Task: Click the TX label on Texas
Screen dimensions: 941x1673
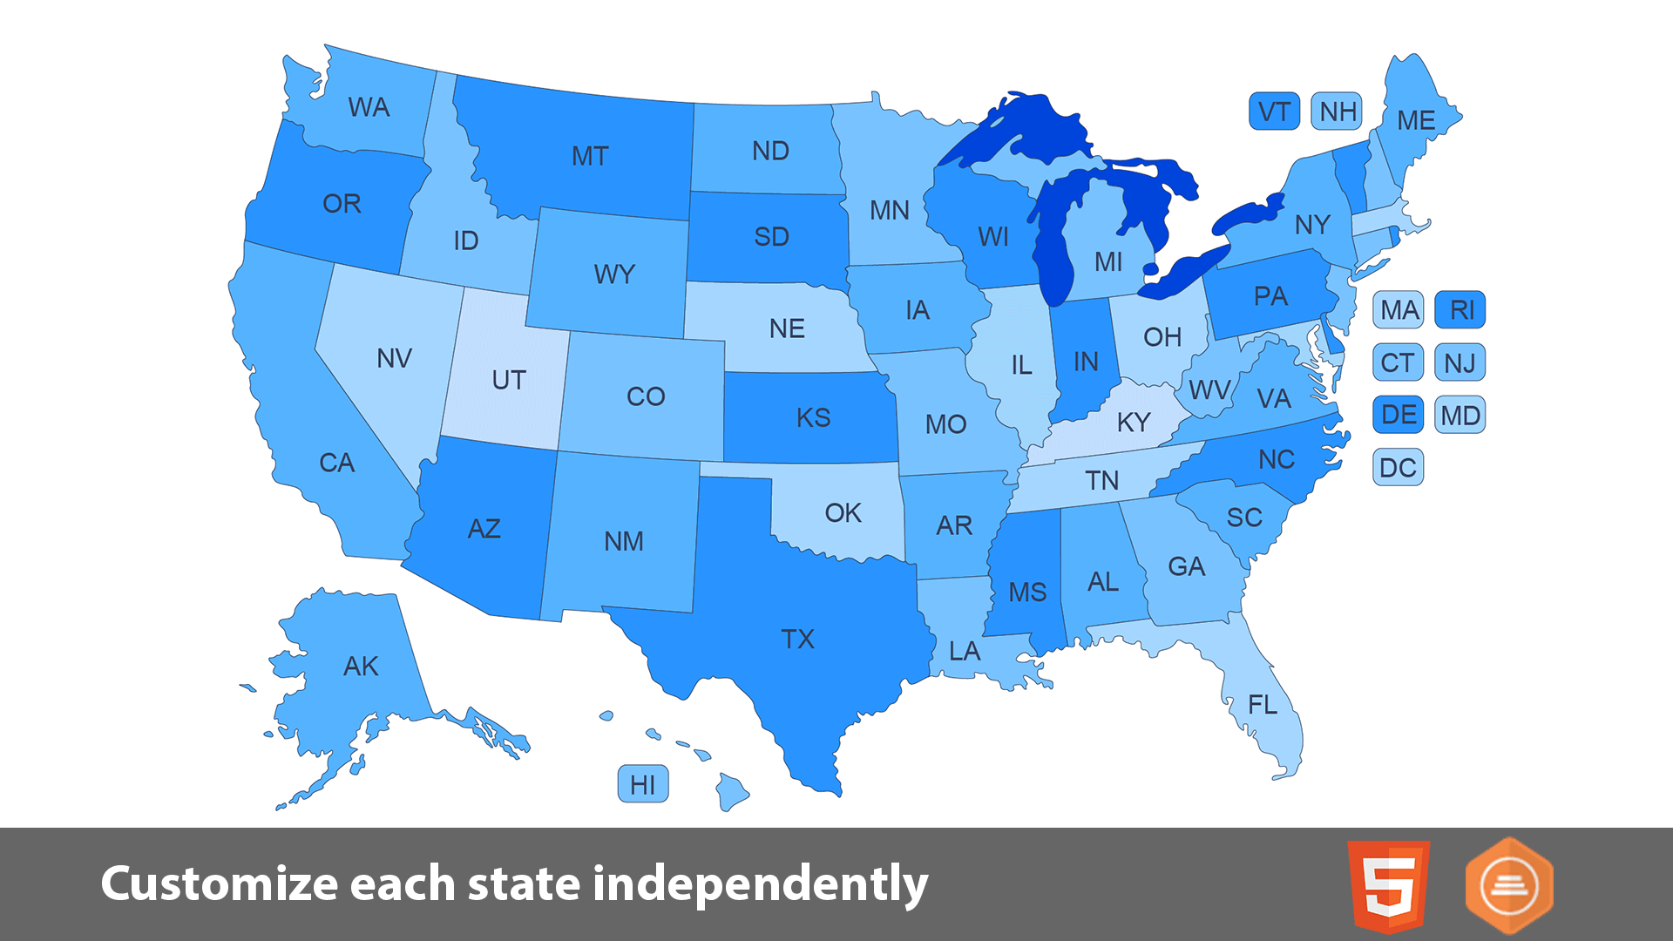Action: pos(797,639)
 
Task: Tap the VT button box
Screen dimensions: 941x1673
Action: pos(1274,112)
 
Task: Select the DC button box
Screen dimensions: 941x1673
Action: pos(1398,468)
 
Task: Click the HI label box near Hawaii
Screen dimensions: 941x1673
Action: pos(643,784)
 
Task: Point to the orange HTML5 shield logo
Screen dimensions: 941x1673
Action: pos(1388,886)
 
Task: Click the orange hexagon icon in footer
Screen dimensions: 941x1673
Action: pos(1509,886)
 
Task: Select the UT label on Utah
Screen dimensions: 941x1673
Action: pos(509,380)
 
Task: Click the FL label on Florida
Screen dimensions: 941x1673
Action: pos(1263,704)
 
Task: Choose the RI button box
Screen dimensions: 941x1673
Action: pos(1460,309)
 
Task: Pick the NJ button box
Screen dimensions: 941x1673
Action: pos(1460,362)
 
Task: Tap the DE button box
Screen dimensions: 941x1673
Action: pos(1398,415)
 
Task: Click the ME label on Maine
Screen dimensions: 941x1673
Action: pos(1416,120)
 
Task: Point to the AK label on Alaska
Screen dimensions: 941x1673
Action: pos(361,666)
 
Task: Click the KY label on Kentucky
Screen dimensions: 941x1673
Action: pos(1134,422)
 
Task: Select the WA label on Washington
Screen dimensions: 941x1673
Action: pos(369,107)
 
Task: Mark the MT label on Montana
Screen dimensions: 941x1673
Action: pos(590,156)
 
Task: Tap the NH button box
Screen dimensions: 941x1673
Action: pos(1337,112)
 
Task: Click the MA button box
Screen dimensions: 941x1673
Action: pos(1399,309)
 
